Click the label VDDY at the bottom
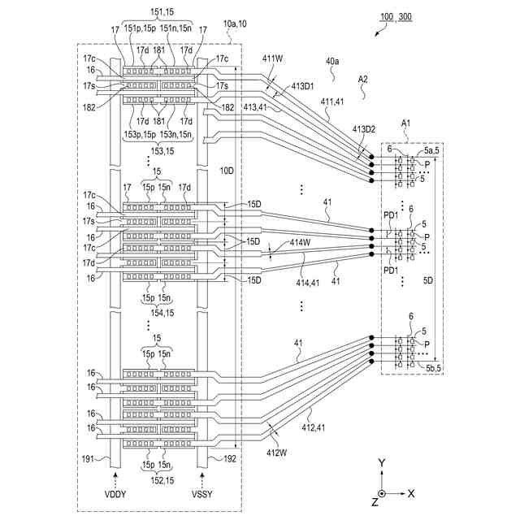coord(115,494)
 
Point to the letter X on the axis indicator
coord(412,493)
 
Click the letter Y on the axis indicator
coord(382,462)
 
